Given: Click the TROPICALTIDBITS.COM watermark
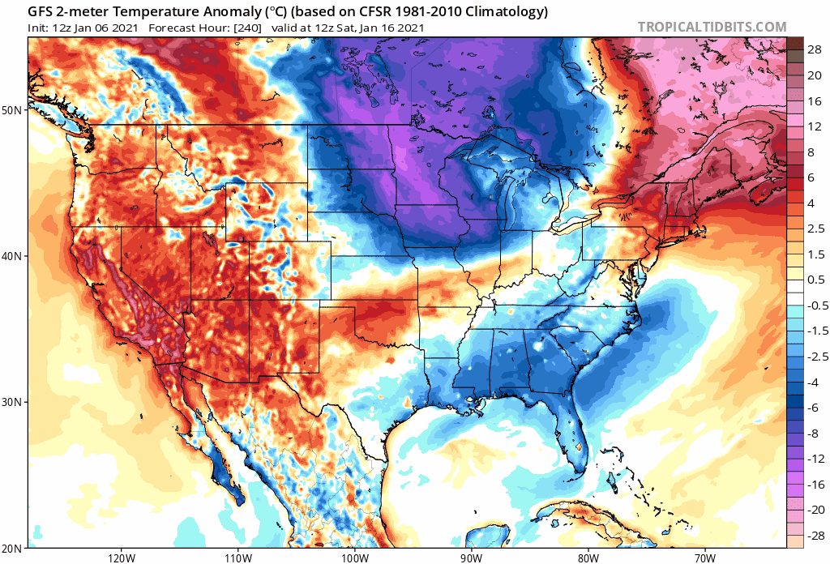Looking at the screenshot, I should coord(712,27).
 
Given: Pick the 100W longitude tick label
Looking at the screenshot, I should coord(354,558).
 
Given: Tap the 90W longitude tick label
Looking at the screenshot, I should coord(471,558).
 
